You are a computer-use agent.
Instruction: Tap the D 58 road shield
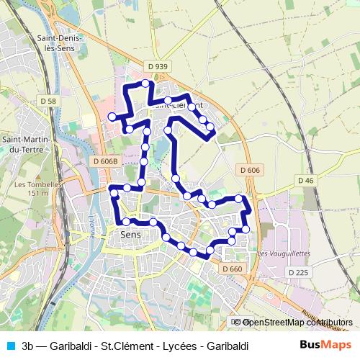(x=48, y=102)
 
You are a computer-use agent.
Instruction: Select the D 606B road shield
(x=105, y=161)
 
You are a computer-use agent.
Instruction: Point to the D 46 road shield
(x=305, y=180)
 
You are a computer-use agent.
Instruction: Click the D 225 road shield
(x=297, y=272)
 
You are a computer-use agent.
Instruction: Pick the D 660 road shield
(x=233, y=269)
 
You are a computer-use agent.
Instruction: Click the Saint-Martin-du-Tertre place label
(x=25, y=144)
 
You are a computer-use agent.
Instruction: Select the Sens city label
(x=130, y=235)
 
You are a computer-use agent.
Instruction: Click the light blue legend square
(x=9, y=346)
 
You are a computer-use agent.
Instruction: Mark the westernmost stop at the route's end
(x=112, y=117)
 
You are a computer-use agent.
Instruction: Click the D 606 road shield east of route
(x=249, y=169)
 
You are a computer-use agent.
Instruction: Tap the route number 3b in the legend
(x=28, y=346)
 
